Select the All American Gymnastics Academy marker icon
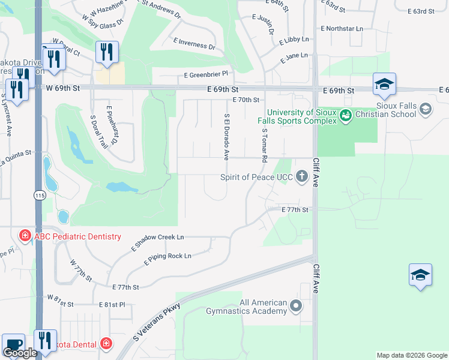[x=295, y=307]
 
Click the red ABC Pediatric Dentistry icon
[x=25, y=236]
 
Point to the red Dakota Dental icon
[x=106, y=343]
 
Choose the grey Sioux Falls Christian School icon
[x=426, y=109]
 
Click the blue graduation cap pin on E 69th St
[x=384, y=84]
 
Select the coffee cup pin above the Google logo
[x=13, y=344]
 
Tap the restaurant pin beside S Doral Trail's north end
[x=107, y=52]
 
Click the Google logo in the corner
[x=20, y=353]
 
